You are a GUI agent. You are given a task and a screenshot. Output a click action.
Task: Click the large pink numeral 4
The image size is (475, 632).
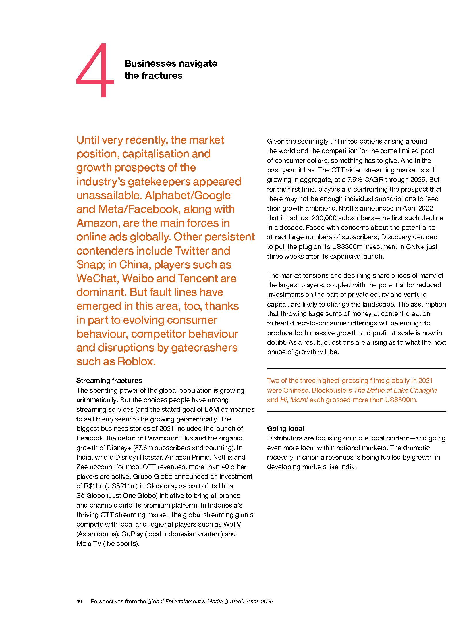click(95, 70)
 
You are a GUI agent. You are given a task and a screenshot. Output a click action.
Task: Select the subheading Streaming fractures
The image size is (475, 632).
click(109, 381)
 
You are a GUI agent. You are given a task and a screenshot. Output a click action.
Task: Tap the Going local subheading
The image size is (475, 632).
click(285, 429)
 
